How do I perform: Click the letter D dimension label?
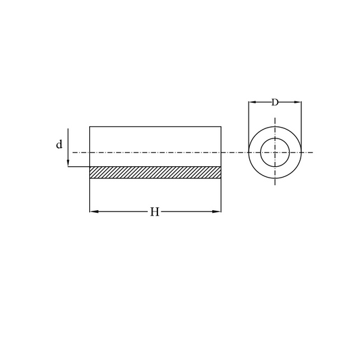(275, 102)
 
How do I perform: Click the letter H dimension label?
(155, 212)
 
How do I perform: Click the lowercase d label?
(59, 145)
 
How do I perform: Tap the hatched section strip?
(155, 172)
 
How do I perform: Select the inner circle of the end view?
(260, 152)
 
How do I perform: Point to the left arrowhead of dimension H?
(94, 211)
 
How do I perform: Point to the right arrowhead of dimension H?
(217, 211)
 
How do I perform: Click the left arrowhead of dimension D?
(253, 102)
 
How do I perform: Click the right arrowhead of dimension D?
(298, 102)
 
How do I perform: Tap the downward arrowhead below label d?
(68, 163)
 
